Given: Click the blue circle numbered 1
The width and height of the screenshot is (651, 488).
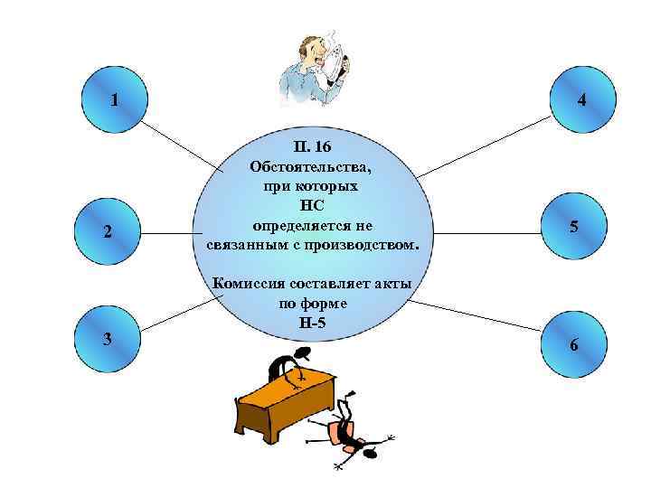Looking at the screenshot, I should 112,99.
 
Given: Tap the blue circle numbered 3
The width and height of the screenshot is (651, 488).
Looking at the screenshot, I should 108,338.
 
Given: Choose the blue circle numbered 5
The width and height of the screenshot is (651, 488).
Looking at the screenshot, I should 572,226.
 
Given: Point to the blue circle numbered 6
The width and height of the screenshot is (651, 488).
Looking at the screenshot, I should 571,344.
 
